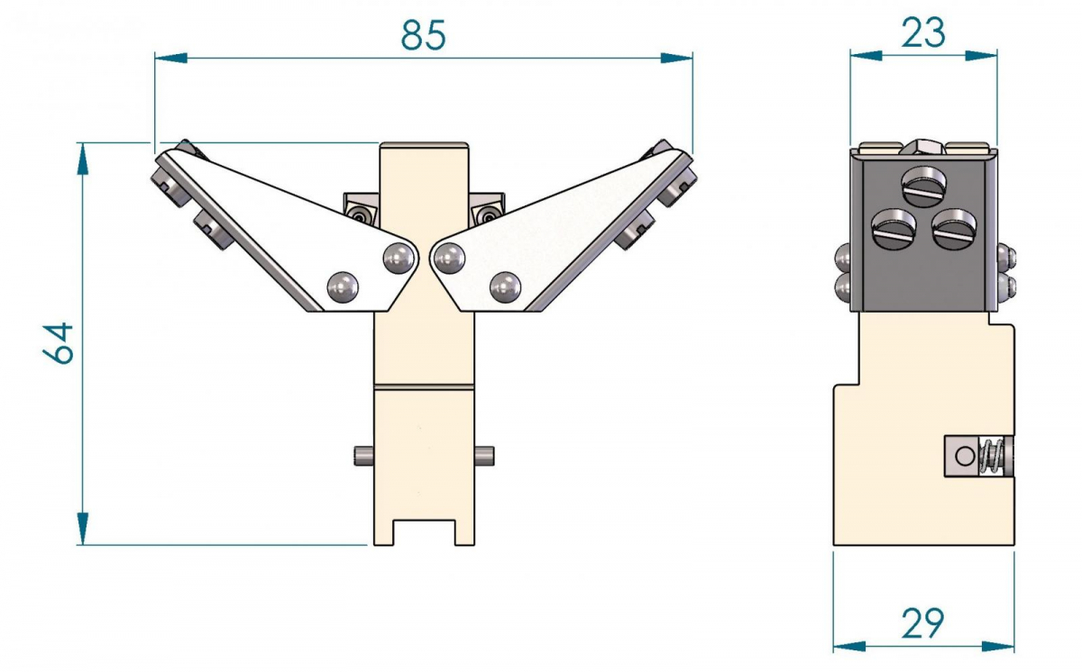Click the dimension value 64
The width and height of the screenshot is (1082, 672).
[60, 341]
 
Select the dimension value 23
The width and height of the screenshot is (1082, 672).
[922, 32]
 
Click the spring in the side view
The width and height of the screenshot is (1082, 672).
[992, 456]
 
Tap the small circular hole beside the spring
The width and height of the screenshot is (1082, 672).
[966, 456]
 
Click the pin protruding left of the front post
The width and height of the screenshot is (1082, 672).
[362, 455]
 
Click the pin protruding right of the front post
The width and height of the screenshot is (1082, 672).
[484, 455]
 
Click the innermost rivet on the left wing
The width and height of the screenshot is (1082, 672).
[399, 259]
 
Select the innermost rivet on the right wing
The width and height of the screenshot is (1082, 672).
[448, 259]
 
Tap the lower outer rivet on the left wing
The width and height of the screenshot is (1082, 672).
[342, 287]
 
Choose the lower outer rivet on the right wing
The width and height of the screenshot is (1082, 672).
[504, 287]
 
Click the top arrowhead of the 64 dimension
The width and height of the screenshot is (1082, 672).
[83, 157]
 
